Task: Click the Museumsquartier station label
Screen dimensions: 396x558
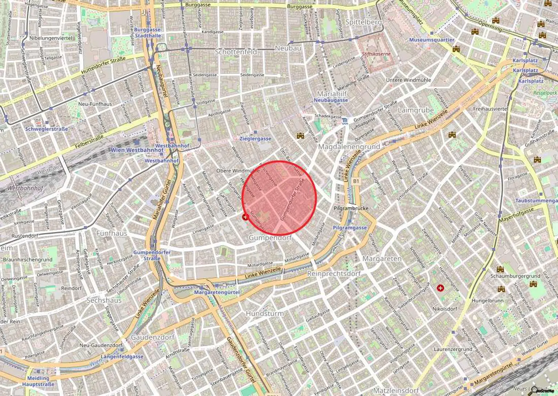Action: [x=432, y=40]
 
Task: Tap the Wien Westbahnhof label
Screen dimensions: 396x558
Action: [x=137, y=150]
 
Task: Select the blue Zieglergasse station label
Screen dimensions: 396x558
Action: [x=255, y=139]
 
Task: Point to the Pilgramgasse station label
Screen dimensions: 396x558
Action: [x=350, y=228]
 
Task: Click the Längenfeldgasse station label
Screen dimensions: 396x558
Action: [x=122, y=356]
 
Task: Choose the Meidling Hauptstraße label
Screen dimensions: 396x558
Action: [x=38, y=381]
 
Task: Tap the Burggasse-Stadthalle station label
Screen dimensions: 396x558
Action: [x=148, y=33]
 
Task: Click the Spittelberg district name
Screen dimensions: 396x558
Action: [x=363, y=22]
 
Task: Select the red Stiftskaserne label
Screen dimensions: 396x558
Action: [x=376, y=54]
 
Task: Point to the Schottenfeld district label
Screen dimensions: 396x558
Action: [x=236, y=52]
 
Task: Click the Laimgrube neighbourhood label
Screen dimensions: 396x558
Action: [x=416, y=110]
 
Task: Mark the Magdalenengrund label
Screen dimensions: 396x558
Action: [x=349, y=147]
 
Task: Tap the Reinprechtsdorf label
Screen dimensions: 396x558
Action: [x=334, y=273]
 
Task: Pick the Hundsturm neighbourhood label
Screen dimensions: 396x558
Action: [x=265, y=313]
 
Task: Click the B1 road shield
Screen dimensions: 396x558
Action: [x=356, y=181]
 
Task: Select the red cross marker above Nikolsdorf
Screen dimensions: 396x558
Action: [x=441, y=288]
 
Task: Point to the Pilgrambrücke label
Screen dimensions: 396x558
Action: [x=351, y=208]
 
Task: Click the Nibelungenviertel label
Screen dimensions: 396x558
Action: [x=51, y=38]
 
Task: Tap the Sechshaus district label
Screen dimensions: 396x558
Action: [x=104, y=300]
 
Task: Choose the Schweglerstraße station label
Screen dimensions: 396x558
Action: [x=46, y=129]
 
